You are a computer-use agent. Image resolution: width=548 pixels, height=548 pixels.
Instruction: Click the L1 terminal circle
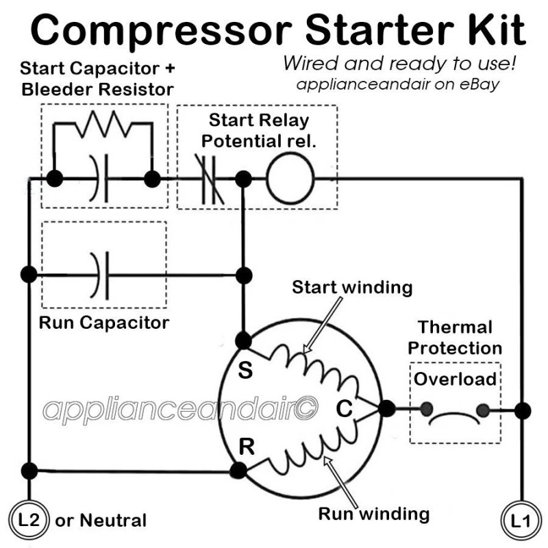521,520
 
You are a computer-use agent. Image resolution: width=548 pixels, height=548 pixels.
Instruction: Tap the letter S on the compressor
245,372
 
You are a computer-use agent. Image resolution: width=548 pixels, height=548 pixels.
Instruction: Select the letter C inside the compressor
344,409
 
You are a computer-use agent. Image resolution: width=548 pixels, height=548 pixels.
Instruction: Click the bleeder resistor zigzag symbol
103,125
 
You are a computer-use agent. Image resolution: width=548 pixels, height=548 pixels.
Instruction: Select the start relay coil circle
290,180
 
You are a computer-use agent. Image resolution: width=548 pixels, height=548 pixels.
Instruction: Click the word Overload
455,378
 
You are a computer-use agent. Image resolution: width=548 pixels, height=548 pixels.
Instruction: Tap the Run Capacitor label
103,322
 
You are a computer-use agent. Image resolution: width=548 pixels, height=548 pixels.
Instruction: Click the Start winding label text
352,287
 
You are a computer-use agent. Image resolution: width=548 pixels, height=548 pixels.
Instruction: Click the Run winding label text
374,513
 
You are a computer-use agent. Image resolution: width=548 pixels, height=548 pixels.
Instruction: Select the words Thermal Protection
455,337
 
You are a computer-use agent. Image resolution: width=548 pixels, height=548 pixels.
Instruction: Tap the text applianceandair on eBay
397,86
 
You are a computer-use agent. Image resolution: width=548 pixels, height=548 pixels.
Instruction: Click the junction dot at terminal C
386,409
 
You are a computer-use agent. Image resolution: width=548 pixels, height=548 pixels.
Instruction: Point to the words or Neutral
101,521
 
